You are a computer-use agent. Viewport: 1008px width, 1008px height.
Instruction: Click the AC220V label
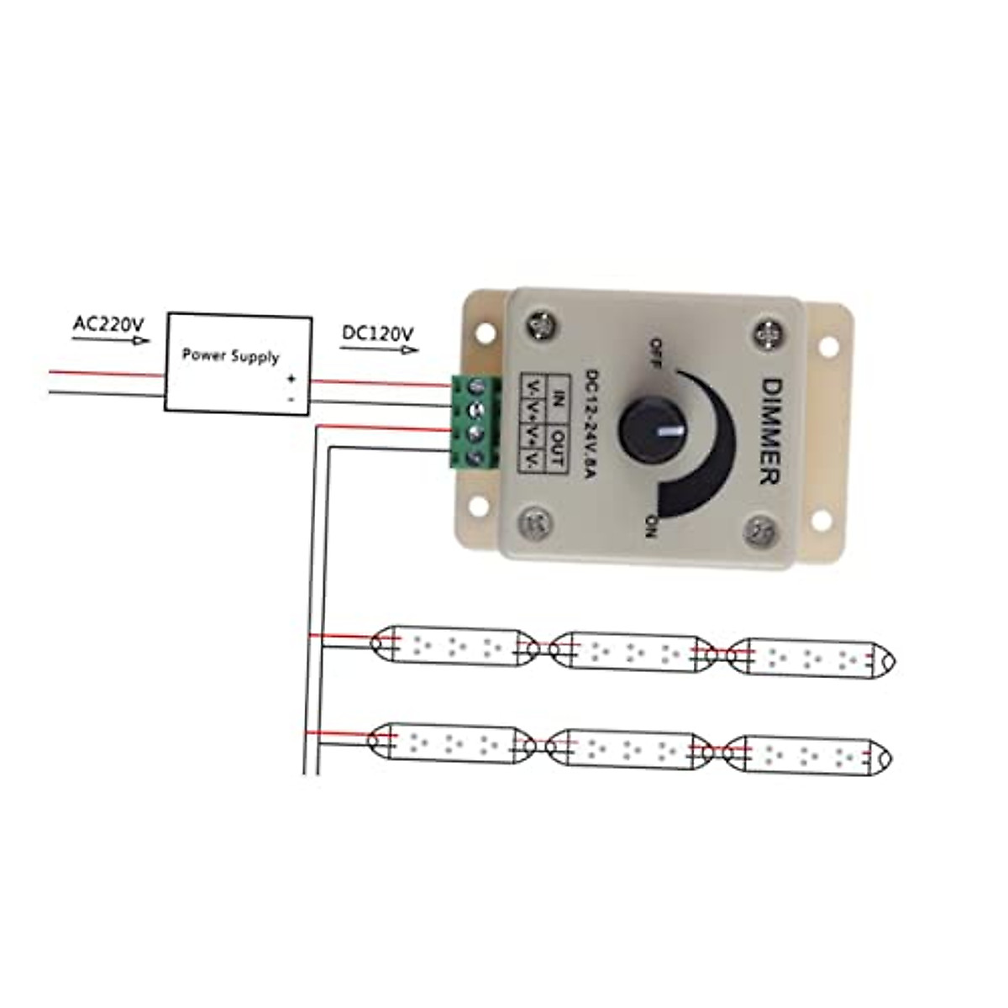pos(108,323)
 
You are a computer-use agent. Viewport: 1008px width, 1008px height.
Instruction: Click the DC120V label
pos(377,333)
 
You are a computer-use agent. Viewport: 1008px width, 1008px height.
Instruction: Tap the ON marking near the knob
pos(649,525)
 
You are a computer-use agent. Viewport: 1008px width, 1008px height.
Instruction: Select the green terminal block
pos(475,422)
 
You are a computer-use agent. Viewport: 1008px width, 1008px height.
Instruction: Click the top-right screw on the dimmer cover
pos(768,333)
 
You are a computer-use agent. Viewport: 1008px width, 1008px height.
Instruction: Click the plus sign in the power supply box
pos(291,379)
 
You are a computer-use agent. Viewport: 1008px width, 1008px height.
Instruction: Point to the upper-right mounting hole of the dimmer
pos(826,345)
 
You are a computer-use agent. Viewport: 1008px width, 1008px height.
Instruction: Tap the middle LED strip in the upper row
pos(633,652)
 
